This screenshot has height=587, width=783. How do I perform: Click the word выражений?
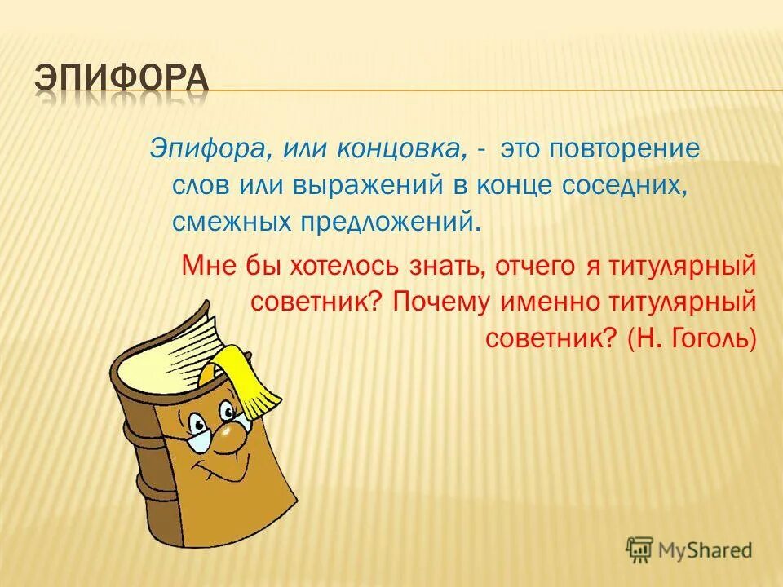pos(366,186)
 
